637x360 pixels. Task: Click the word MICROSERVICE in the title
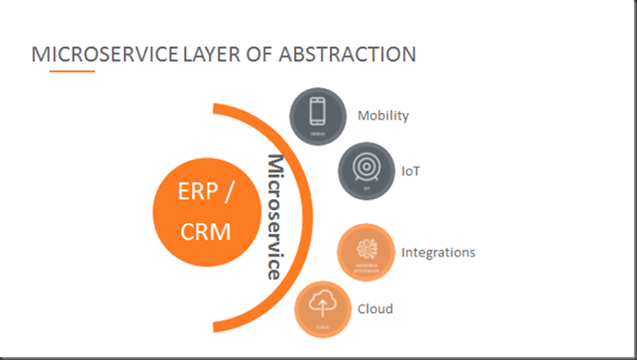click(104, 54)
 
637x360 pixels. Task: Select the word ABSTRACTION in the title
click(346, 54)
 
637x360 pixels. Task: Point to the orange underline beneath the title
click(72, 71)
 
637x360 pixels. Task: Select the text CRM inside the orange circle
click(205, 231)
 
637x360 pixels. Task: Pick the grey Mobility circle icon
click(318, 115)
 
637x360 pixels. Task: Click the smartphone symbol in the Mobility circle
click(318, 111)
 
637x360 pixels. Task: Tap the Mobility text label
click(383, 115)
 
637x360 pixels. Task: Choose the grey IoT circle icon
click(367, 170)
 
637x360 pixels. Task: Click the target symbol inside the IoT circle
click(367, 166)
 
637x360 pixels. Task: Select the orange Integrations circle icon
click(366, 252)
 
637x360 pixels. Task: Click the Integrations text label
click(438, 252)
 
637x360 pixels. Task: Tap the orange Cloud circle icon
click(322, 309)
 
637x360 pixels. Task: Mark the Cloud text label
click(375, 309)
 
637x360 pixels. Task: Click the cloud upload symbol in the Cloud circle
click(322, 303)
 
